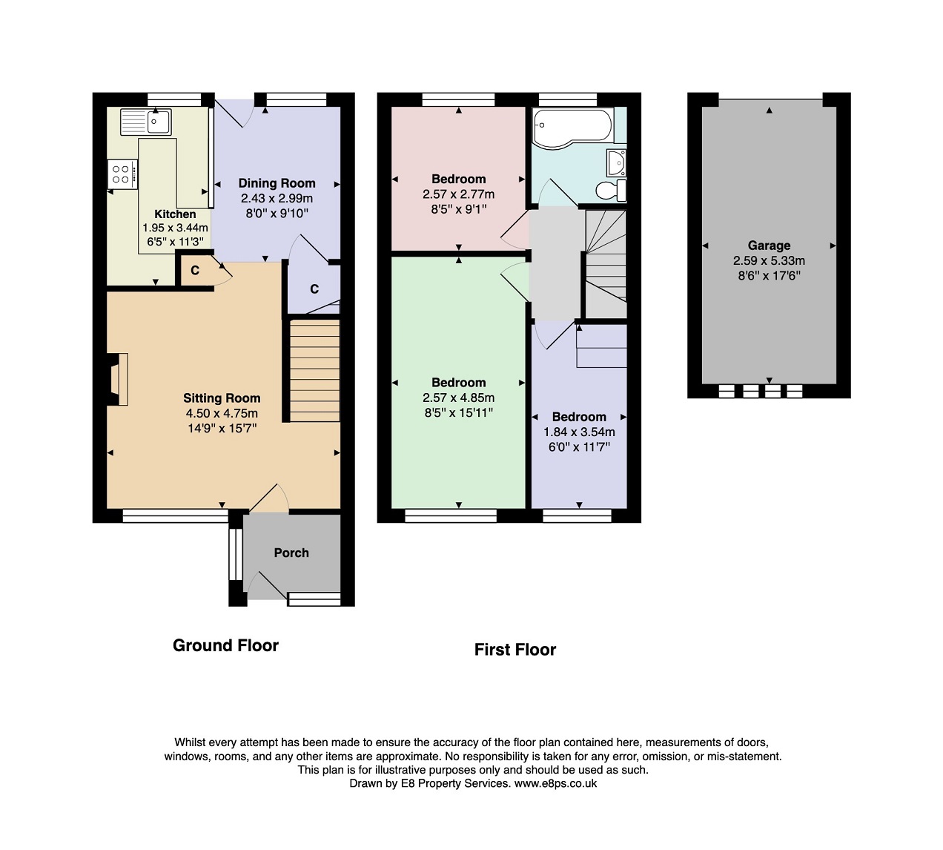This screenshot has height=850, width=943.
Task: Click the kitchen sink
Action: (146, 122)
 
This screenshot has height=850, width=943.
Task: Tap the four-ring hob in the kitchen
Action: (122, 174)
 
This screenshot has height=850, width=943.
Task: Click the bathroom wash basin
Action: (616, 162)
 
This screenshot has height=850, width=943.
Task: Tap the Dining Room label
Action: (277, 183)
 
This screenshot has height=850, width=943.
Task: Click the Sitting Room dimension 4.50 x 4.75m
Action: (222, 413)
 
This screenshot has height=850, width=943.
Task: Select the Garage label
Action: (769, 246)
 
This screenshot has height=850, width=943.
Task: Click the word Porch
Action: (291, 553)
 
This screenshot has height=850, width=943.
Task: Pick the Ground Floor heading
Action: (225, 645)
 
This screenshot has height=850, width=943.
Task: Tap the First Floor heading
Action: (515, 650)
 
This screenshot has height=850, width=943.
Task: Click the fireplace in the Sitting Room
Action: (118, 379)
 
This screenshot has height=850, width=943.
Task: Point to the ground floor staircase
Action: (314, 371)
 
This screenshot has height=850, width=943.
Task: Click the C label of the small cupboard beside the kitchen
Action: (195, 271)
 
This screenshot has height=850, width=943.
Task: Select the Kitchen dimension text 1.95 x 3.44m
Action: (176, 228)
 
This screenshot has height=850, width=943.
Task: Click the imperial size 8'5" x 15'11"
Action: (459, 413)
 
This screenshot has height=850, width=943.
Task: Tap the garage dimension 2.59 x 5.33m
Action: (769, 260)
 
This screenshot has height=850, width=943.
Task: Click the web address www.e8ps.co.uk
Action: (556, 783)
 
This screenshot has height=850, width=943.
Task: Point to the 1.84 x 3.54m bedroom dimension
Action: (579, 432)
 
